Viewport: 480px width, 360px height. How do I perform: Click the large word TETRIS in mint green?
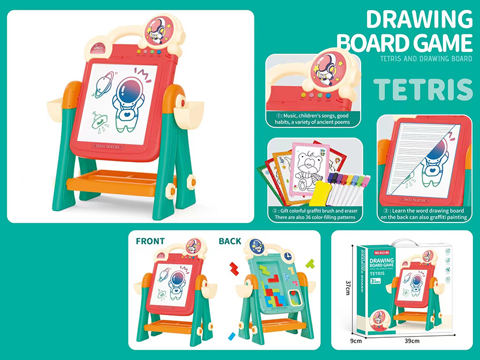coord(424,89)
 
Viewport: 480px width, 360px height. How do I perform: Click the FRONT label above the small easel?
coord(151,242)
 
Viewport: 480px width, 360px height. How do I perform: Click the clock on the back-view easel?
coord(286,257)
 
